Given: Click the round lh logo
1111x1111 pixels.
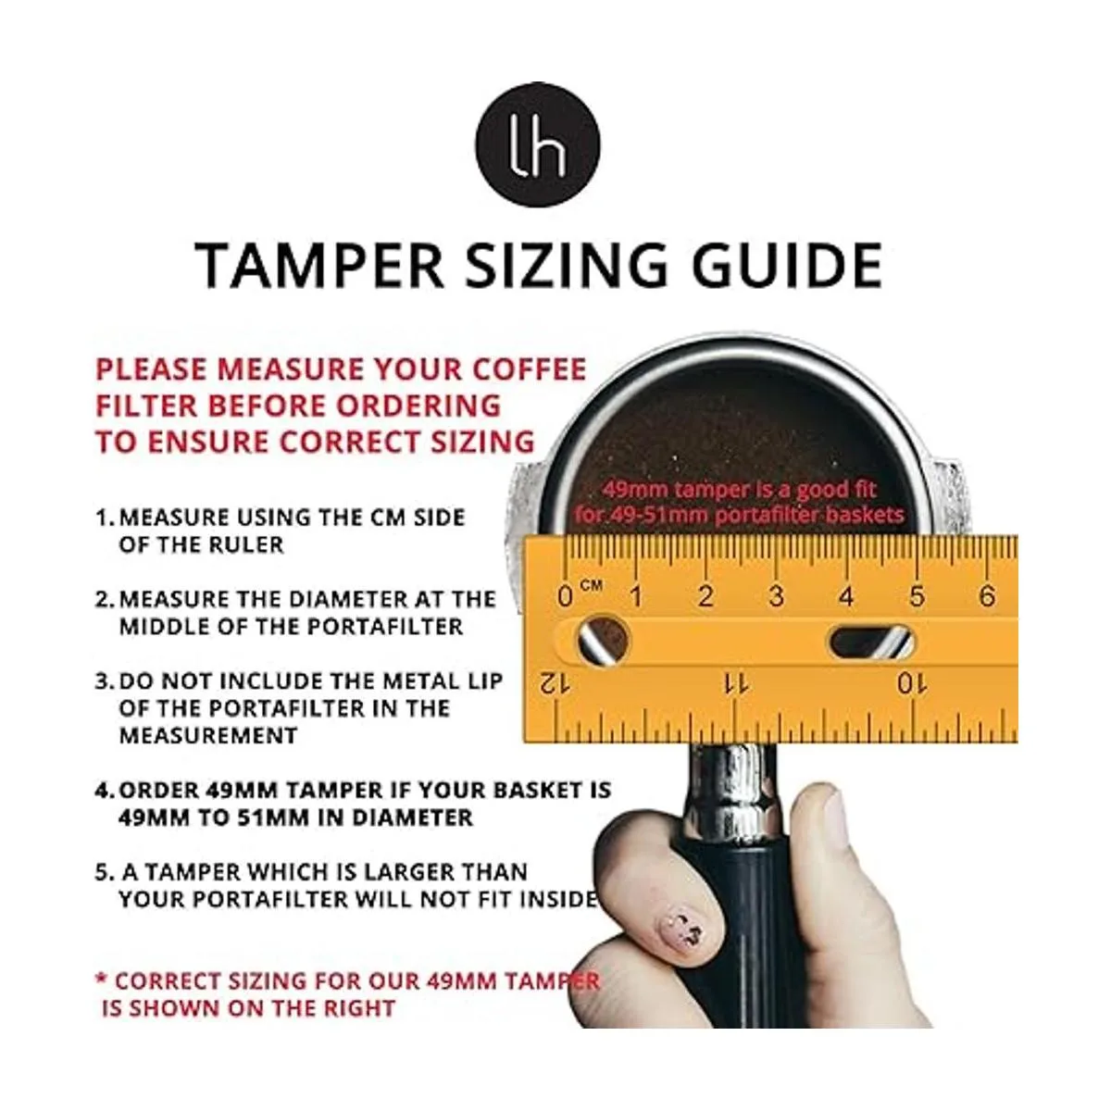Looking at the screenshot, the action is pyautogui.click(x=537, y=144).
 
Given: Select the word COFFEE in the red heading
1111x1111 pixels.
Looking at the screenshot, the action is pyautogui.click(x=529, y=369).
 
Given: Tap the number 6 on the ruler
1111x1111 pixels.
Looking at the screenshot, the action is pyautogui.click(x=987, y=596).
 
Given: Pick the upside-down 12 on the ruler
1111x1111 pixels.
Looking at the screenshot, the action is pyautogui.click(x=555, y=684).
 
